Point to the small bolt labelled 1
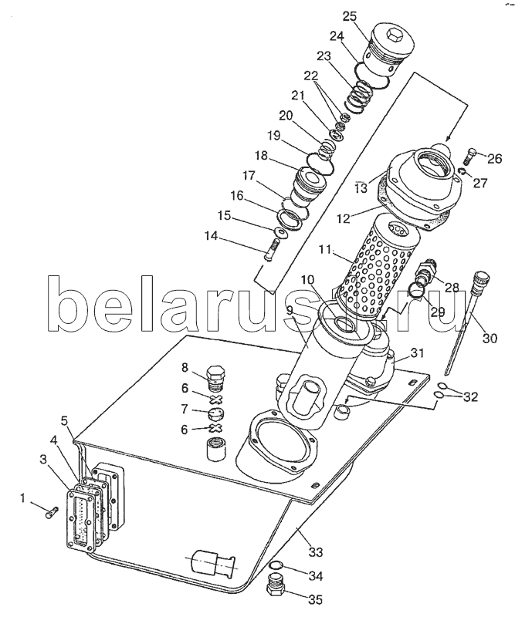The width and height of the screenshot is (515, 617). click(51, 513)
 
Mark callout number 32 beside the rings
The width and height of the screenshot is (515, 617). click(469, 397)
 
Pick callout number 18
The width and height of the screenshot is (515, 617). click(260, 156)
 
